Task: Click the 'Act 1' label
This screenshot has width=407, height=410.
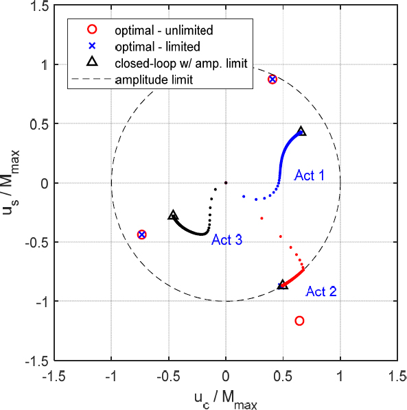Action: (310, 176)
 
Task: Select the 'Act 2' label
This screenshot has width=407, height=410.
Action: (321, 291)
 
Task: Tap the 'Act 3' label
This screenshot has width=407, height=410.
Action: (226, 240)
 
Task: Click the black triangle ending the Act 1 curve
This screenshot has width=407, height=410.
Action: (301, 131)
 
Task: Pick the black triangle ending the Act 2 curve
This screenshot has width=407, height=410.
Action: (283, 284)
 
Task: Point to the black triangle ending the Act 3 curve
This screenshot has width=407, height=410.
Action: (173, 215)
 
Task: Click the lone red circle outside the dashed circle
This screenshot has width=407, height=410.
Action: (299, 320)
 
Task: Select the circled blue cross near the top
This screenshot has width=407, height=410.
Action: (272, 80)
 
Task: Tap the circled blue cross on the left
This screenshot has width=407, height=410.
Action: (141, 234)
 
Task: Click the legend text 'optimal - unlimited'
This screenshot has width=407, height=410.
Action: (164, 30)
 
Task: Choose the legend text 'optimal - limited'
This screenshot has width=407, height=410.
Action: (158, 47)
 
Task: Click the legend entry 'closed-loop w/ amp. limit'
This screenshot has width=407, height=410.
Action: (181, 63)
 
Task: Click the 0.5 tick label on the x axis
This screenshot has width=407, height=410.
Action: (282, 376)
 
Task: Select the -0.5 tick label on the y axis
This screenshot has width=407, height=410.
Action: (31, 242)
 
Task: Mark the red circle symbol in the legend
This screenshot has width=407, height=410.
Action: (93, 30)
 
